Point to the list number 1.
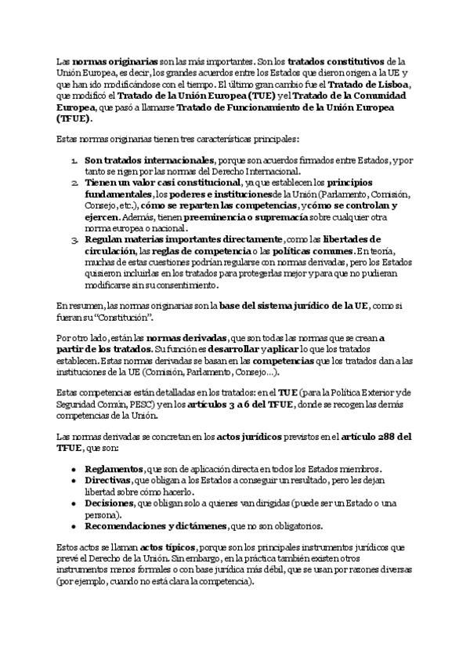coord(73,160)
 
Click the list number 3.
coord(73,238)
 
